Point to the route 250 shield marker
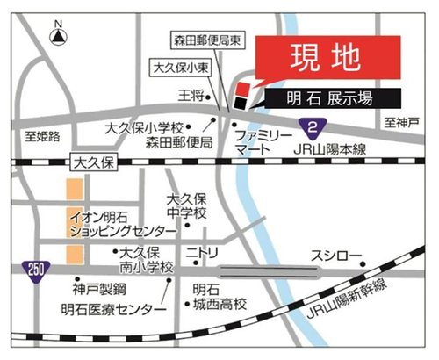[x=33, y=268]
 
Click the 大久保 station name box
[x=92, y=162]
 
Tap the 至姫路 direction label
[x=42, y=136]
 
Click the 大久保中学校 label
[x=187, y=207]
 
